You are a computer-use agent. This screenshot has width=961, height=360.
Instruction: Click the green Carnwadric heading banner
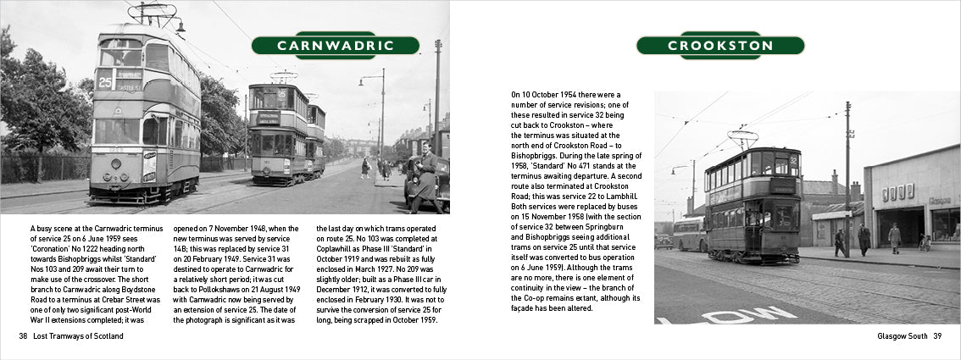(335, 45)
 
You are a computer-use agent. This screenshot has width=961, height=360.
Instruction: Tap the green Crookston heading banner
(719, 46)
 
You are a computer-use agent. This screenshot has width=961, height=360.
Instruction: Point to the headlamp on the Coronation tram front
(116, 163)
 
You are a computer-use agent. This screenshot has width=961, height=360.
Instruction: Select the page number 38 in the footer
(23, 336)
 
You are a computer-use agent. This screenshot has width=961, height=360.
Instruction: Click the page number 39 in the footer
(937, 336)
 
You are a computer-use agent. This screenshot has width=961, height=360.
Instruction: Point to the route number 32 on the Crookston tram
(793, 160)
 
